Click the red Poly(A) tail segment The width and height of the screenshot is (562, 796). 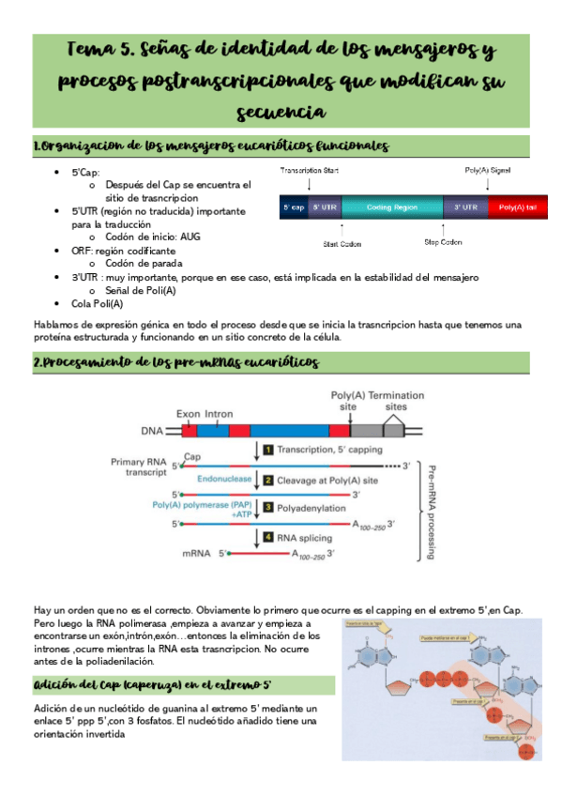pyautogui.click(x=518, y=207)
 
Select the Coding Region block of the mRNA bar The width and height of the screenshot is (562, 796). pyautogui.click(x=391, y=207)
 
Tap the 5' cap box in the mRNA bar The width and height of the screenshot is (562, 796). pyautogui.click(x=294, y=207)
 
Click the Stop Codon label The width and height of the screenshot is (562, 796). pyautogui.click(x=443, y=242)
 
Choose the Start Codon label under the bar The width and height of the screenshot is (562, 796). pyautogui.click(x=342, y=242)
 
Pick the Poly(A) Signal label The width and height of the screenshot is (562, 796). pyautogui.click(x=488, y=172)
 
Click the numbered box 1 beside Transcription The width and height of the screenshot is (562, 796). pyautogui.click(x=267, y=450)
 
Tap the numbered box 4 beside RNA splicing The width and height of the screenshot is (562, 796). pyautogui.click(x=267, y=538)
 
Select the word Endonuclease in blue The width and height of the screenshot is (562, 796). pyautogui.click(x=223, y=480)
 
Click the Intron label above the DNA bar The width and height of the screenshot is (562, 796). pyautogui.click(x=219, y=414)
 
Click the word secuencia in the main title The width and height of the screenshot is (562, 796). pyautogui.click(x=281, y=113)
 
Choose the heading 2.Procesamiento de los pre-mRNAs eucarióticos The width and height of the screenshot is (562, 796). pyautogui.click(x=176, y=362)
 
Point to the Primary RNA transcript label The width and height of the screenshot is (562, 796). pyautogui.click(x=141, y=467)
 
